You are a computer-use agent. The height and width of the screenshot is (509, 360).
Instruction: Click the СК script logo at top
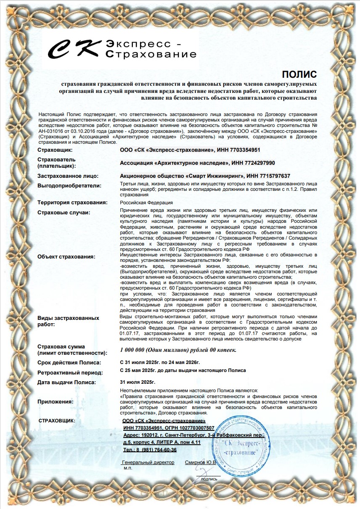pos(74,49)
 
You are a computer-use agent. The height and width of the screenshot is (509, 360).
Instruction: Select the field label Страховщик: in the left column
pos(55,150)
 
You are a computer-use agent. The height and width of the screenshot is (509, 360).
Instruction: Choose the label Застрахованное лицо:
pos(68,176)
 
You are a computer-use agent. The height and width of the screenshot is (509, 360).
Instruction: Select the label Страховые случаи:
pos(64,212)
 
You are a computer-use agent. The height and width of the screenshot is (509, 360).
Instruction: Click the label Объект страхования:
pos(66,256)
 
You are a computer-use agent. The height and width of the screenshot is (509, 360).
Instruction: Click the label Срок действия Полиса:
pos(69,362)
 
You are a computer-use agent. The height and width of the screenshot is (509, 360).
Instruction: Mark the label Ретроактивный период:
pos(70,373)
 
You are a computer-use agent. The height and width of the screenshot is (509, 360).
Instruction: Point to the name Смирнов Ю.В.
pos(200,462)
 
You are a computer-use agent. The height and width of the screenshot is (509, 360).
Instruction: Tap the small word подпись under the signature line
pos(209,479)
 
